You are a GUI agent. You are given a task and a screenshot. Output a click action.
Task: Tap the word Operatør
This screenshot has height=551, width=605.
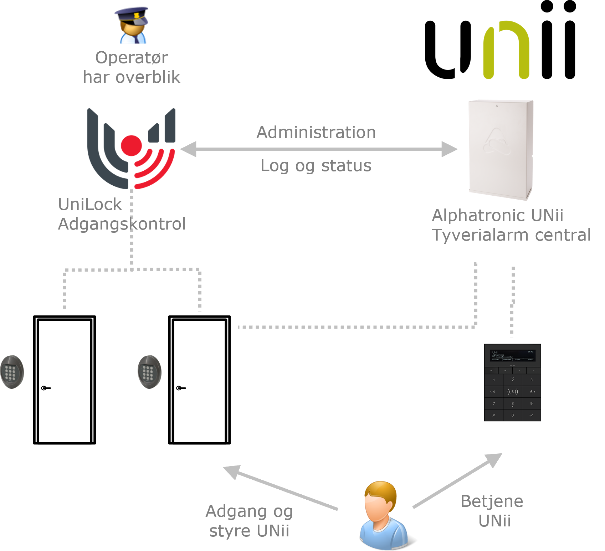132,58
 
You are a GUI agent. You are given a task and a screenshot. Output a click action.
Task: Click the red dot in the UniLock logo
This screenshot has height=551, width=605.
131,145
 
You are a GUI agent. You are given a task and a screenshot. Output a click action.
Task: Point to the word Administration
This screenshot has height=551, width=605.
316,133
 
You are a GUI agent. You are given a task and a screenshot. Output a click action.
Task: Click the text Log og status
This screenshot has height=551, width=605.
316,166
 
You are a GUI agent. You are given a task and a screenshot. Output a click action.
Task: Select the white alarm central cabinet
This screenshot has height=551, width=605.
501,150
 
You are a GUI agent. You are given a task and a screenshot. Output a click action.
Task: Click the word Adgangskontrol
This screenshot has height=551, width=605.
122,224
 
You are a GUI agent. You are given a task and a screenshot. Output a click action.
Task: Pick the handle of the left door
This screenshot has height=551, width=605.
46,388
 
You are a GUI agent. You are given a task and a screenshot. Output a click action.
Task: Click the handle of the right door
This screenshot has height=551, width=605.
181,388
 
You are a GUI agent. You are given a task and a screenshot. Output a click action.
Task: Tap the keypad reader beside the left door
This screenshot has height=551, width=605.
12,372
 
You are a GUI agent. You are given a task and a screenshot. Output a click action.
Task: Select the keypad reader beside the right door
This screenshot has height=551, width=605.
149,372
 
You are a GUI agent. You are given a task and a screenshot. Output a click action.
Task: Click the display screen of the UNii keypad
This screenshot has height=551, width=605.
512,355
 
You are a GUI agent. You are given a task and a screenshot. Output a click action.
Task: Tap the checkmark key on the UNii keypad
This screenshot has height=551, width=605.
531,415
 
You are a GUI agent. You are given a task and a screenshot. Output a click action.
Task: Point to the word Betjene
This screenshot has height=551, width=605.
492,501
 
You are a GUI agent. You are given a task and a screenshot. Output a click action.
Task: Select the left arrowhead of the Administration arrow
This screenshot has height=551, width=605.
188,149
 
